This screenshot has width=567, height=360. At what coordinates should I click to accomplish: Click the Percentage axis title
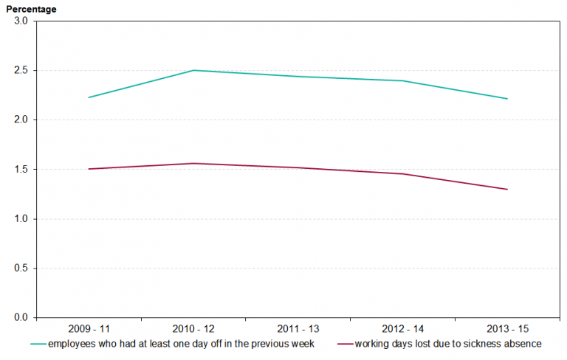pyautogui.click(x=31, y=8)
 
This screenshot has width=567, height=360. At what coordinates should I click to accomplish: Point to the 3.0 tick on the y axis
pyautogui.click(x=21, y=21)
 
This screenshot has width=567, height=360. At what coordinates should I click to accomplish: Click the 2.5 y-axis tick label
pyautogui.click(x=21, y=71)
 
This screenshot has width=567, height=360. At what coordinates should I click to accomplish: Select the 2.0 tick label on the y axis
pyautogui.click(x=21, y=120)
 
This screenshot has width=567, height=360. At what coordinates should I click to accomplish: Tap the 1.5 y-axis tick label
pyautogui.click(x=21, y=170)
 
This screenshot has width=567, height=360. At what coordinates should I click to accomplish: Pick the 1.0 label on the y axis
pyautogui.click(x=21, y=219)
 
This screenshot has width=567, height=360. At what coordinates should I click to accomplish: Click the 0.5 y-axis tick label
pyautogui.click(x=21, y=269)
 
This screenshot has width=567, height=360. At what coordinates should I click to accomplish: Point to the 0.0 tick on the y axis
pyautogui.click(x=21, y=318)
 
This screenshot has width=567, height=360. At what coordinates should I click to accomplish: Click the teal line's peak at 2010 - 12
pyautogui.click(x=193, y=70)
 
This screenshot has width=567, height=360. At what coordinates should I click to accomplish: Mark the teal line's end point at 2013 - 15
pyautogui.click(x=507, y=99)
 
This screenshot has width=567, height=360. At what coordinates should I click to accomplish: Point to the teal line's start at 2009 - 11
pyautogui.click(x=89, y=97)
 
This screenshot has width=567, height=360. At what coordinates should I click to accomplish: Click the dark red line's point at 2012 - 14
pyautogui.click(x=402, y=174)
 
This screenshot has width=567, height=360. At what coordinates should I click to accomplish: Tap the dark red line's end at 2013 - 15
pyautogui.click(x=507, y=190)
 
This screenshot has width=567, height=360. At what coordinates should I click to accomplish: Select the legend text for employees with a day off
pyautogui.click(x=181, y=344)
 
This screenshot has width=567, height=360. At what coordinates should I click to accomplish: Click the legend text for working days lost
pyautogui.click(x=448, y=344)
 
